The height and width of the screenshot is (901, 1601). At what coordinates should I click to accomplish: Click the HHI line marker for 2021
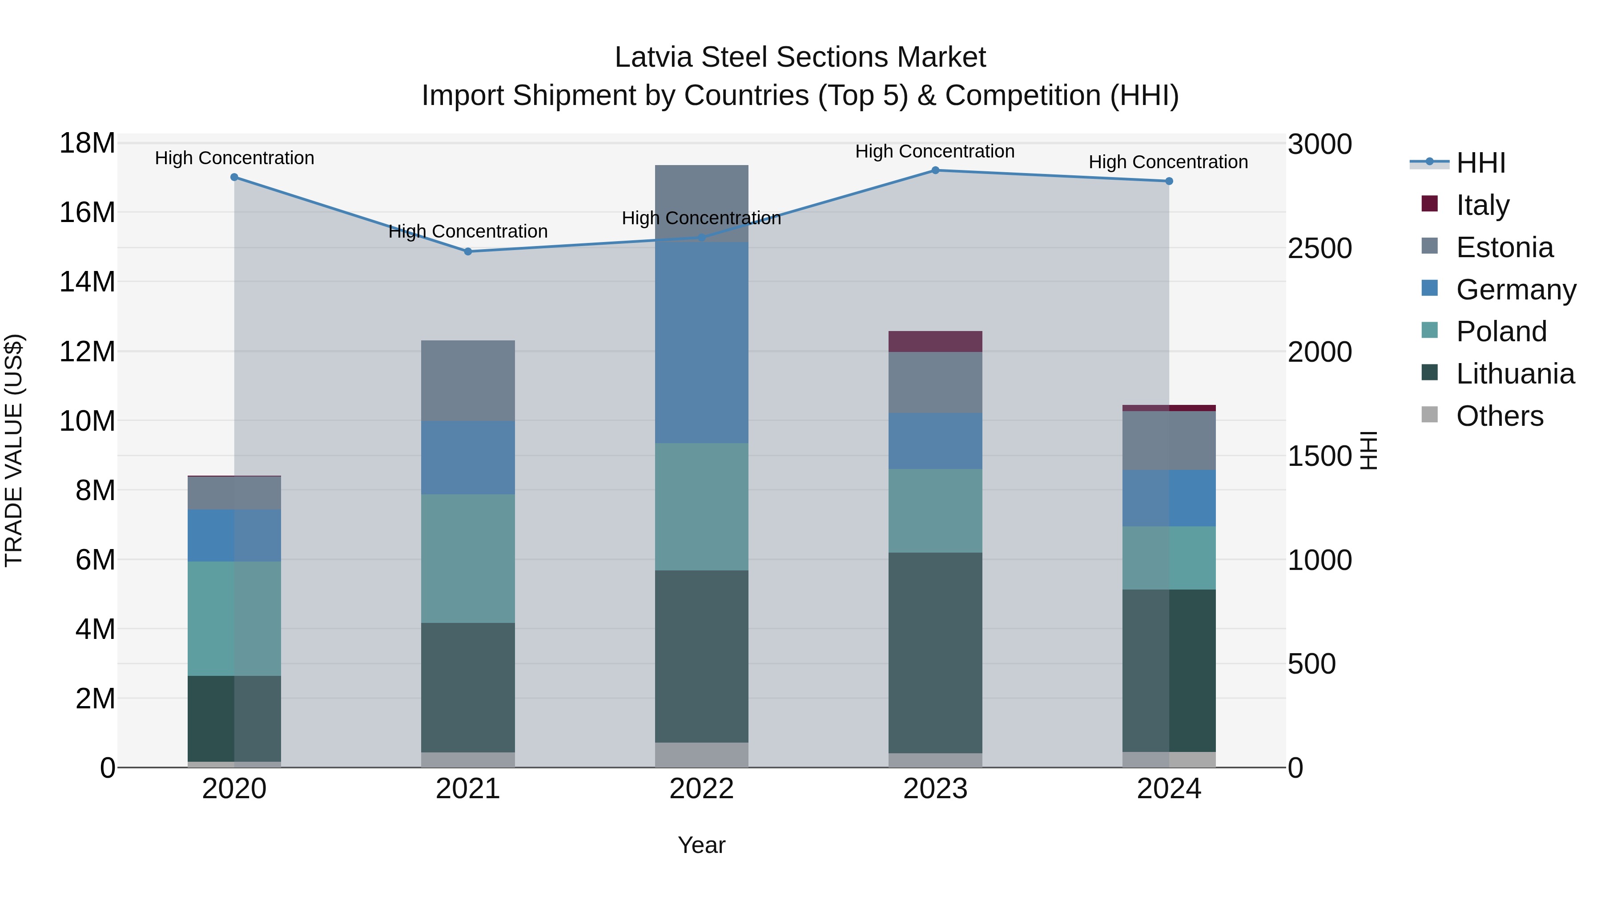pyautogui.click(x=468, y=252)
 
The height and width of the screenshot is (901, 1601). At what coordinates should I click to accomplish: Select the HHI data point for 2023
pyautogui.click(x=935, y=170)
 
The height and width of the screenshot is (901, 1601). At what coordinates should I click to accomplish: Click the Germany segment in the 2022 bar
pyautogui.click(x=702, y=343)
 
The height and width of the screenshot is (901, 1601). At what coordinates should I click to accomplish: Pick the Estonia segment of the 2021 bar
pyautogui.click(x=468, y=380)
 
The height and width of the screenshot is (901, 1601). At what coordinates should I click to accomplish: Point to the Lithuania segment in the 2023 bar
pyautogui.click(x=935, y=653)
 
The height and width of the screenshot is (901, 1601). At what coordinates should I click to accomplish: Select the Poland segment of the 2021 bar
pyautogui.click(x=468, y=558)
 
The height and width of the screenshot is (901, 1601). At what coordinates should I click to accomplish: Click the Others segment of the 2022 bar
pyautogui.click(x=702, y=755)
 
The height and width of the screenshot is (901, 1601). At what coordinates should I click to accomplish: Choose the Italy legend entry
pyautogui.click(x=1482, y=205)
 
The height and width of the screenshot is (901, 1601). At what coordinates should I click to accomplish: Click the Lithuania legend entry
pyautogui.click(x=1515, y=374)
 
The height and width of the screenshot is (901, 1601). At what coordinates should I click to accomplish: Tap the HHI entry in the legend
pyautogui.click(x=1480, y=163)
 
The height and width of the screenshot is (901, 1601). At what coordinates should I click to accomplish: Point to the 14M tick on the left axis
pyautogui.click(x=87, y=282)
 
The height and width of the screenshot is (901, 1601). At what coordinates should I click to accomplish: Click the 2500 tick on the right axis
pyautogui.click(x=1319, y=248)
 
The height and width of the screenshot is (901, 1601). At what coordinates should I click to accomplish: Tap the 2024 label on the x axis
pyautogui.click(x=1168, y=789)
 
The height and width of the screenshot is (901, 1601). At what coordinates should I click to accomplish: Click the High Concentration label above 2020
pyautogui.click(x=234, y=158)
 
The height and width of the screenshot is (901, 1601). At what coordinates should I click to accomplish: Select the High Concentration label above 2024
pyautogui.click(x=1168, y=162)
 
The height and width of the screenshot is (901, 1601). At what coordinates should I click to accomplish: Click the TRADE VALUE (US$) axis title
pyautogui.click(x=14, y=450)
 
